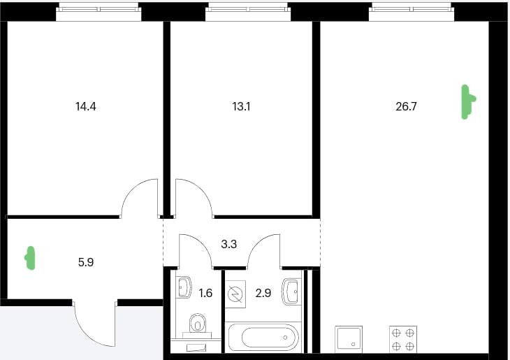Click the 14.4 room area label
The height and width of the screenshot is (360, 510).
(86, 106)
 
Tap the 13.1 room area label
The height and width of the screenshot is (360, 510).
(241, 106)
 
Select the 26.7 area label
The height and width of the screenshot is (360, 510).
(406, 106)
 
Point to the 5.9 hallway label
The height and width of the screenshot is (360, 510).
(86, 262)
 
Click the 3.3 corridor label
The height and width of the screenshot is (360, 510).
(229, 244)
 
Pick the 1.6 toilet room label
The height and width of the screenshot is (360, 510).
(205, 293)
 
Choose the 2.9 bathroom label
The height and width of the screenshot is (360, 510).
(263, 293)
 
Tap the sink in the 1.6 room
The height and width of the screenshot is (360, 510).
(184, 287)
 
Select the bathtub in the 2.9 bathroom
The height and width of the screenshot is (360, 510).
(263, 338)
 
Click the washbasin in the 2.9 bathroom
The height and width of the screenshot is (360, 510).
(291, 291)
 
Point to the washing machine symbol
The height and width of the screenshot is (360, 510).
(235, 294)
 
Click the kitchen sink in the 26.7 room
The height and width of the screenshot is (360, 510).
(349, 339)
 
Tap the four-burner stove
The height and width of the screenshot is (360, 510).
(403, 339)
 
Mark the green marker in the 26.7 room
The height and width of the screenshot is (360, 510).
(468, 102)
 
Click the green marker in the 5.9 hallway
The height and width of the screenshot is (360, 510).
(30, 258)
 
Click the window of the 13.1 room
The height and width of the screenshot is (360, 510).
(248, 12)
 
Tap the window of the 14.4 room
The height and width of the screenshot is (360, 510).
(99, 12)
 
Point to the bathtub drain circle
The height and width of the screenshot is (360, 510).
(285, 338)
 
